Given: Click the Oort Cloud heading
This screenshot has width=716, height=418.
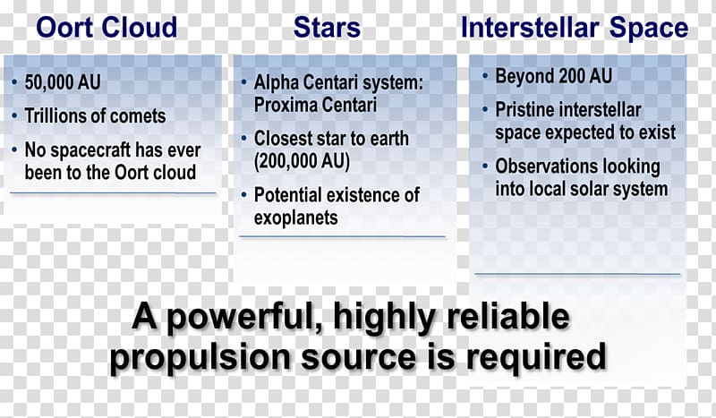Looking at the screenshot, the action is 107,27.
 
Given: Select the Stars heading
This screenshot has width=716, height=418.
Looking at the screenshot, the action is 327,27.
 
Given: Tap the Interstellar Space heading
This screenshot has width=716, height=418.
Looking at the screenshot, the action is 575,28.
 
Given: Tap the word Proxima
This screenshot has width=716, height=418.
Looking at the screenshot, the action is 281,105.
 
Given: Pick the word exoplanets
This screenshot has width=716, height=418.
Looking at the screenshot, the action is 296,218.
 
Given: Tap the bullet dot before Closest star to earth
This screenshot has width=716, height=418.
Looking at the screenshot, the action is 244,138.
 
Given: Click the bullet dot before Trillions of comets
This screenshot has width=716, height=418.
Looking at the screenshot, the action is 14,115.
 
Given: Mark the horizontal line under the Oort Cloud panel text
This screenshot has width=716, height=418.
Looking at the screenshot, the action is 113,193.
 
